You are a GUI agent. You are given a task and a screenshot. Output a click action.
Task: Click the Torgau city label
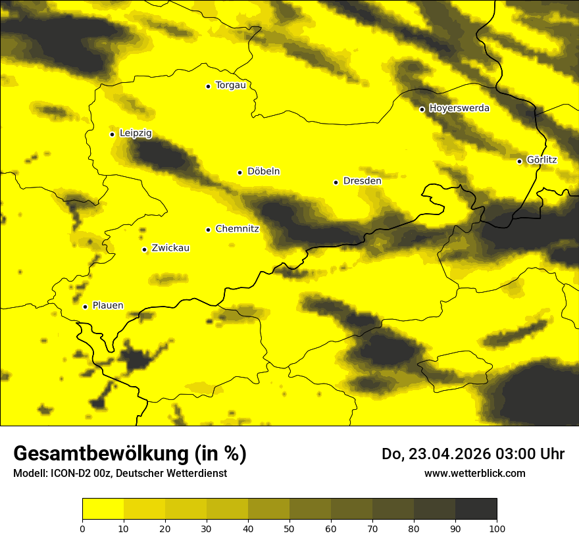[x=230, y=86]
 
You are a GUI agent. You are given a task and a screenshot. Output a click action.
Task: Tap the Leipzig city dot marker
[x=112, y=134]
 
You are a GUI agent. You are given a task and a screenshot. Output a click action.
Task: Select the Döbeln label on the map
[x=263, y=172]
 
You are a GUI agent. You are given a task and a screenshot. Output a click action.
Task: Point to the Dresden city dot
[x=336, y=182]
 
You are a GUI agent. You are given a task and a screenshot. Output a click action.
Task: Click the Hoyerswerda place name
[x=459, y=109]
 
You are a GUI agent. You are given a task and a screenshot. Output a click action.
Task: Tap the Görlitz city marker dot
[x=519, y=161]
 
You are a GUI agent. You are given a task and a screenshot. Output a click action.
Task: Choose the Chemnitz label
[x=237, y=229]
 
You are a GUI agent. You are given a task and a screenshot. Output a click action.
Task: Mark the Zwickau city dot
[x=144, y=249]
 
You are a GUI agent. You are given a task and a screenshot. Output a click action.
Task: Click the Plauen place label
[x=108, y=306]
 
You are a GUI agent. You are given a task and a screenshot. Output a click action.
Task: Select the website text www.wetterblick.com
[x=475, y=474]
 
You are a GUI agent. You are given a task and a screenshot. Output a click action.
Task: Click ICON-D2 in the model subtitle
[x=67, y=474]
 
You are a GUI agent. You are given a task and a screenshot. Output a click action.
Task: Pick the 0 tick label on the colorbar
[x=82, y=528]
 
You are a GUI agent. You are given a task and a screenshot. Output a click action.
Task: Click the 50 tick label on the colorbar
[x=289, y=528]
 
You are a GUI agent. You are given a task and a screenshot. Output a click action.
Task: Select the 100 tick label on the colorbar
[x=497, y=528]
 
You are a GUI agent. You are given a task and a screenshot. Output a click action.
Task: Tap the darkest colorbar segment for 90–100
[x=476, y=509]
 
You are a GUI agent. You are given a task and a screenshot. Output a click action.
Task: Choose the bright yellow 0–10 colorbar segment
[x=103, y=509]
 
